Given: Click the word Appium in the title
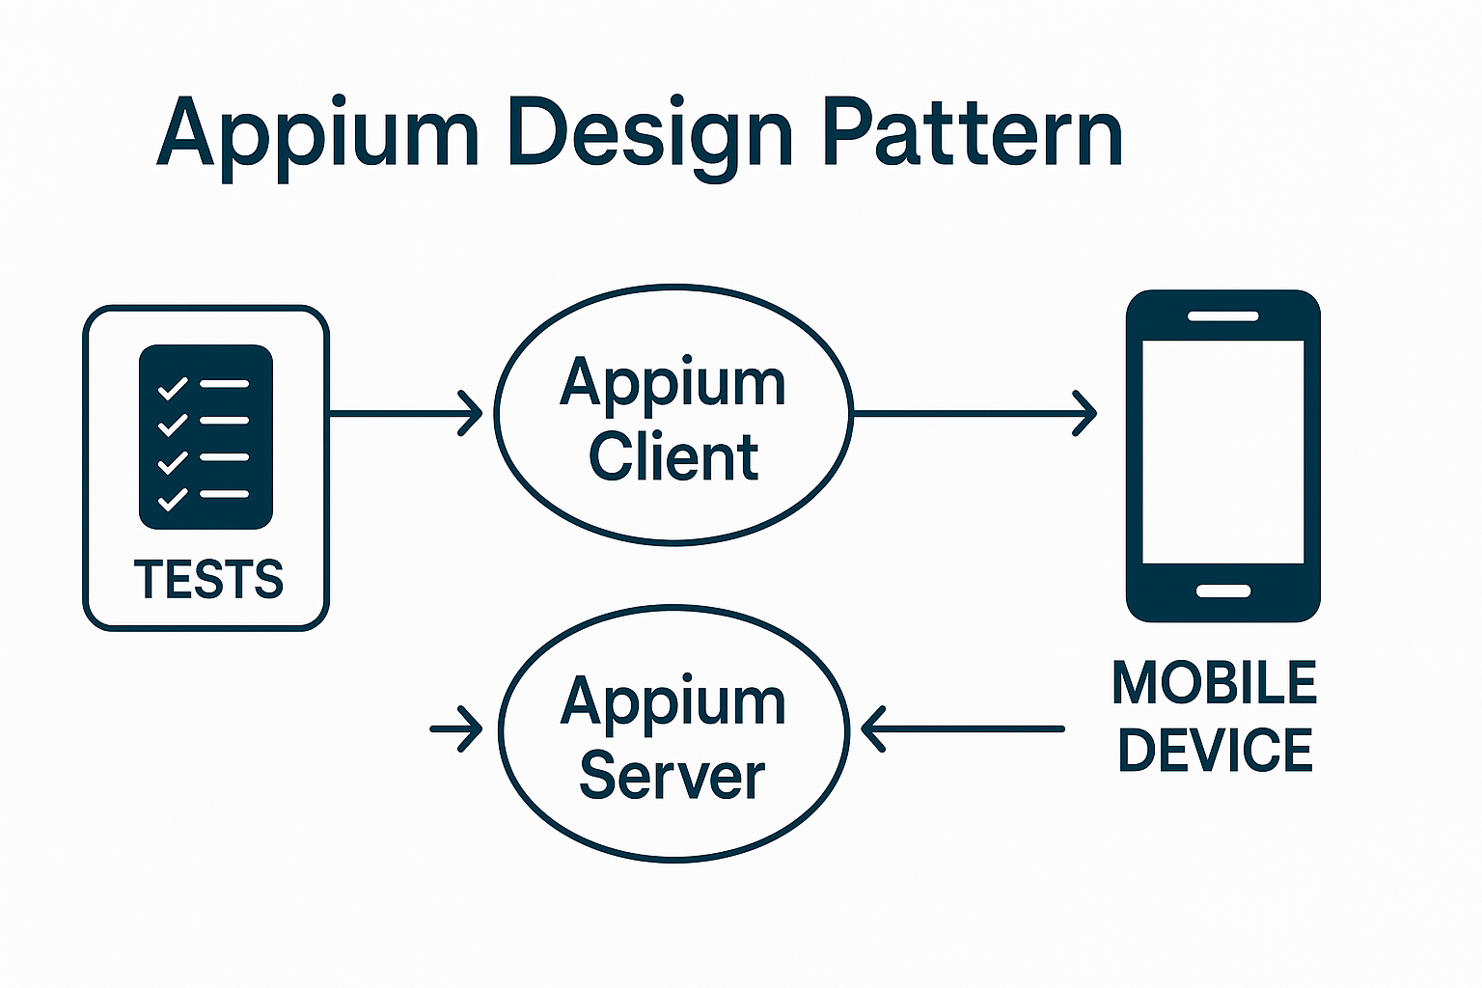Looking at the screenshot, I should tap(317, 133).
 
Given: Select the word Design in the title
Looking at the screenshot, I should tap(649, 133).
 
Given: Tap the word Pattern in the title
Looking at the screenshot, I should tap(973, 133).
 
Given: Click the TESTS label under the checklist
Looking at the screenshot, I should tap(208, 579).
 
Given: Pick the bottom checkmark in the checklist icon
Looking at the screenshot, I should tap(173, 498).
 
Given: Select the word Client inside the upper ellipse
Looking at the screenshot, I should tap(673, 457).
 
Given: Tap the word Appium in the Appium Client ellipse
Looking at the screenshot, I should tap(673, 384).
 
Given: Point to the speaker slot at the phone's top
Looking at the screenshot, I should tap(1222, 316).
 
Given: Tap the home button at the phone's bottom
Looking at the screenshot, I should tap(1222, 590).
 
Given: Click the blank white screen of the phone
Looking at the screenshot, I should tap(1222, 451).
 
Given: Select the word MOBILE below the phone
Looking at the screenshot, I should tap(1214, 683).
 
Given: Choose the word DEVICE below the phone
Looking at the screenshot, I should tap(1215, 751).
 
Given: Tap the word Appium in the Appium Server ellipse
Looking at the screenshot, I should tap(673, 702).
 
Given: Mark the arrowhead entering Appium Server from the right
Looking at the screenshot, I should tap(871, 728).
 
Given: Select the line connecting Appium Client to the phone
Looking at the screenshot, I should tap(965, 414).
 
